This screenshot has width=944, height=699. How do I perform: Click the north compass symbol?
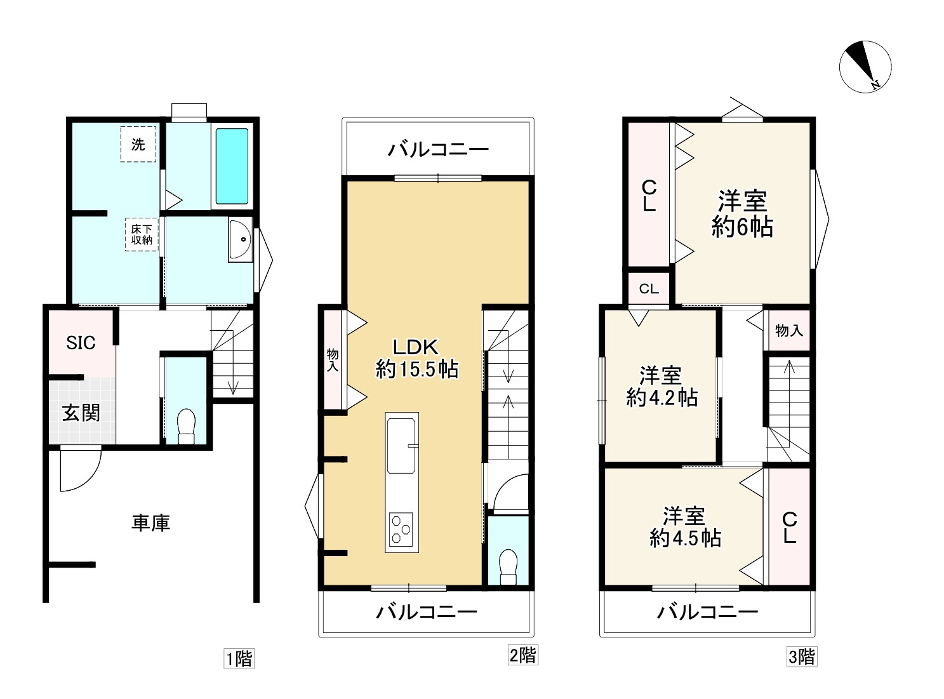coord(865,67)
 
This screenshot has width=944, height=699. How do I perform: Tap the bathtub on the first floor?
coord(232,166)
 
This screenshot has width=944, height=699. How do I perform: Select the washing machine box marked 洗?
coord(138,144)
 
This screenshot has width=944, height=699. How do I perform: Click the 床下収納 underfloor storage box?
coord(142,234)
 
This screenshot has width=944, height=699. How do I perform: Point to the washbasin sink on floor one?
coord(240,240)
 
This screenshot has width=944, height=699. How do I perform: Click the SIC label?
coord(81,343)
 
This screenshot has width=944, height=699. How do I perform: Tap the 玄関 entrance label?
coord(81,413)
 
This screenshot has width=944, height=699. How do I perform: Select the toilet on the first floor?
coord(186,427)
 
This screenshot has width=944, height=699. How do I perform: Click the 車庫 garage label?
coord(150,523)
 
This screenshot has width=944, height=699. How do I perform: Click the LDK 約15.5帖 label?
coord(416,359)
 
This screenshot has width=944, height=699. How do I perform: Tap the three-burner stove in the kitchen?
coord(401,529)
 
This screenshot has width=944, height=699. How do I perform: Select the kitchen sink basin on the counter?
coord(401,446)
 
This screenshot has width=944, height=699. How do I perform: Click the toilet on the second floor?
coord(508,566)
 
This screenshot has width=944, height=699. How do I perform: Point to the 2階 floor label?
coord(523,655)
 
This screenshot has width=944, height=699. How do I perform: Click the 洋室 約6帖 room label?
coord(742,214)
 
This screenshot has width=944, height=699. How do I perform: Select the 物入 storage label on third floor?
coord(788,330)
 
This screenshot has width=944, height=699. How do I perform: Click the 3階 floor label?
coord(802,657)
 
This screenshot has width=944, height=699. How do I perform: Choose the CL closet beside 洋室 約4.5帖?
coord(790,528)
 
